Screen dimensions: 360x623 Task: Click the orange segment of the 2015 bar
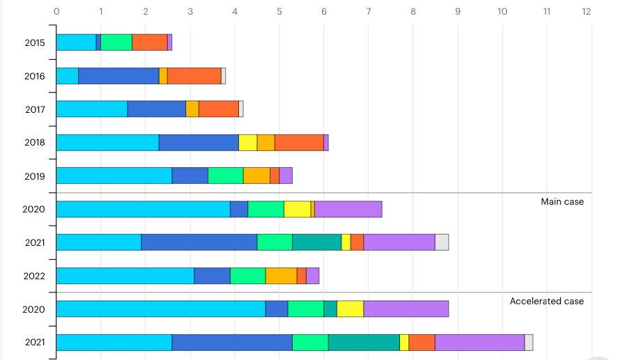click(150, 42)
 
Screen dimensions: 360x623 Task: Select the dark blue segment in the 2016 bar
click(118, 75)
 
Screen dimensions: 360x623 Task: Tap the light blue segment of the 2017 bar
click(91, 109)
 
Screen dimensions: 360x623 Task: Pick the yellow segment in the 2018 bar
click(248, 142)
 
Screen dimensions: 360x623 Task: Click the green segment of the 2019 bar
click(226, 175)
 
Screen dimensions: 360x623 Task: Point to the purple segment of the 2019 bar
click(286, 175)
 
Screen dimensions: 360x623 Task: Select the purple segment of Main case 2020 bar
click(348, 209)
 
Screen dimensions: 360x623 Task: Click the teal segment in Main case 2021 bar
click(316, 242)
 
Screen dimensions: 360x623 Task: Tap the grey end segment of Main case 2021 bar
click(442, 242)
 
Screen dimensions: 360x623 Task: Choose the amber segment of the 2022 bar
click(282, 276)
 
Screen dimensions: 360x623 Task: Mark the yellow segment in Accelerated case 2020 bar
click(351, 308)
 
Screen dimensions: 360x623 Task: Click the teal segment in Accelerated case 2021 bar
click(364, 342)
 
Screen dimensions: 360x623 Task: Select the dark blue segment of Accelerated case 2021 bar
click(232, 342)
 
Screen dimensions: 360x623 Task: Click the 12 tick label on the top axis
click(587, 11)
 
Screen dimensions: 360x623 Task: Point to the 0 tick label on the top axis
click(56, 11)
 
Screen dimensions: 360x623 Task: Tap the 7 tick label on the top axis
click(369, 11)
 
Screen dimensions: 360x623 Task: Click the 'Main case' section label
click(562, 202)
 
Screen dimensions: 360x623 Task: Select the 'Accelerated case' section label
click(547, 302)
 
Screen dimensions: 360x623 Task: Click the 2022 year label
click(34, 276)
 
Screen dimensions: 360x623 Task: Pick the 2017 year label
click(35, 109)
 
